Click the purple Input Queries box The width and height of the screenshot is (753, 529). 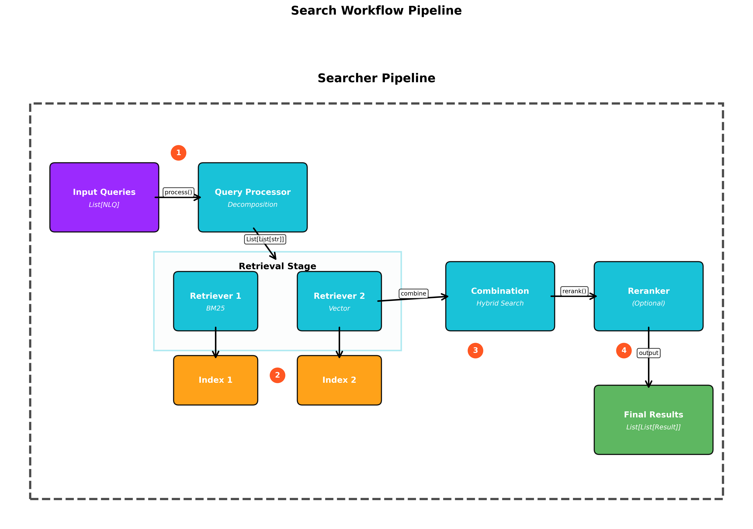click(x=104, y=197)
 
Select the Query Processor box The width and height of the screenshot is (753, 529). click(x=253, y=197)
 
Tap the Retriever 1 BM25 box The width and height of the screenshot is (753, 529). click(x=215, y=301)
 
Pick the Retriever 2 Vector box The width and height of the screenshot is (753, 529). click(x=339, y=301)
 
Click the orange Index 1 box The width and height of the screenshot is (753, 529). click(x=215, y=380)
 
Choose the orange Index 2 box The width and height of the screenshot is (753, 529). click(x=339, y=380)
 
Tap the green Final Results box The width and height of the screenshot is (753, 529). click(x=653, y=420)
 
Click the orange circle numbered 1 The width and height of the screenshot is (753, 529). click(x=178, y=153)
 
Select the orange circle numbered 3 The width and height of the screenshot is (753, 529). click(x=475, y=351)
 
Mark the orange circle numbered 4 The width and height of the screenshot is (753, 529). click(x=624, y=351)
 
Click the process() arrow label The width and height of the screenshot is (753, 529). click(x=178, y=192)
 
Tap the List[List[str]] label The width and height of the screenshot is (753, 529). click(x=265, y=239)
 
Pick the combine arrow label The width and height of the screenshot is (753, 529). click(x=413, y=294)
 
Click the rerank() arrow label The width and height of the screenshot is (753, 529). click(x=574, y=291)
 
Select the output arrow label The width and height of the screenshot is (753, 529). click(x=648, y=353)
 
